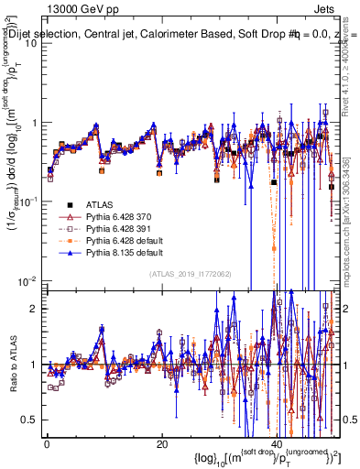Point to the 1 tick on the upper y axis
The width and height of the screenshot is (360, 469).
35,122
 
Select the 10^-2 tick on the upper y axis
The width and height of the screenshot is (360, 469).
31,279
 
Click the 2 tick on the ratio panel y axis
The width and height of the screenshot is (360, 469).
35,308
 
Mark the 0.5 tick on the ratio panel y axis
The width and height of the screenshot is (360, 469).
31,420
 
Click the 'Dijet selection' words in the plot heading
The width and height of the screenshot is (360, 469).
41,35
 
